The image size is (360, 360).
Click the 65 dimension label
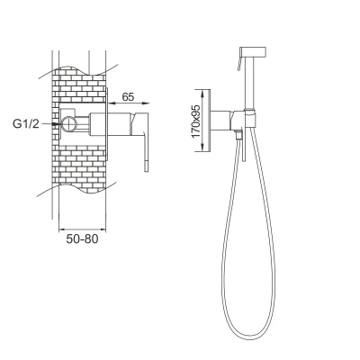click(x=128, y=97)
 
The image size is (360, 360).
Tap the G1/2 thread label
click(x=26, y=124)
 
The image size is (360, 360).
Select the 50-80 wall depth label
click(x=82, y=238)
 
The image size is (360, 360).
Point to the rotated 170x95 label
click(x=195, y=121)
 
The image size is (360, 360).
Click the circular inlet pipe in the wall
click(x=68, y=124)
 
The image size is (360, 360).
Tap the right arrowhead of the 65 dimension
click(x=146, y=103)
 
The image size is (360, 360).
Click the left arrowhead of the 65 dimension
click(x=112, y=103)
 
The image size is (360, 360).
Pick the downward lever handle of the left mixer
click(x=146, y=151)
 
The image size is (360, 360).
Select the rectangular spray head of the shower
click(x=253, y=51)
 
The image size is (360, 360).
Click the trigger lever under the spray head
click(x=239, y=62)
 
